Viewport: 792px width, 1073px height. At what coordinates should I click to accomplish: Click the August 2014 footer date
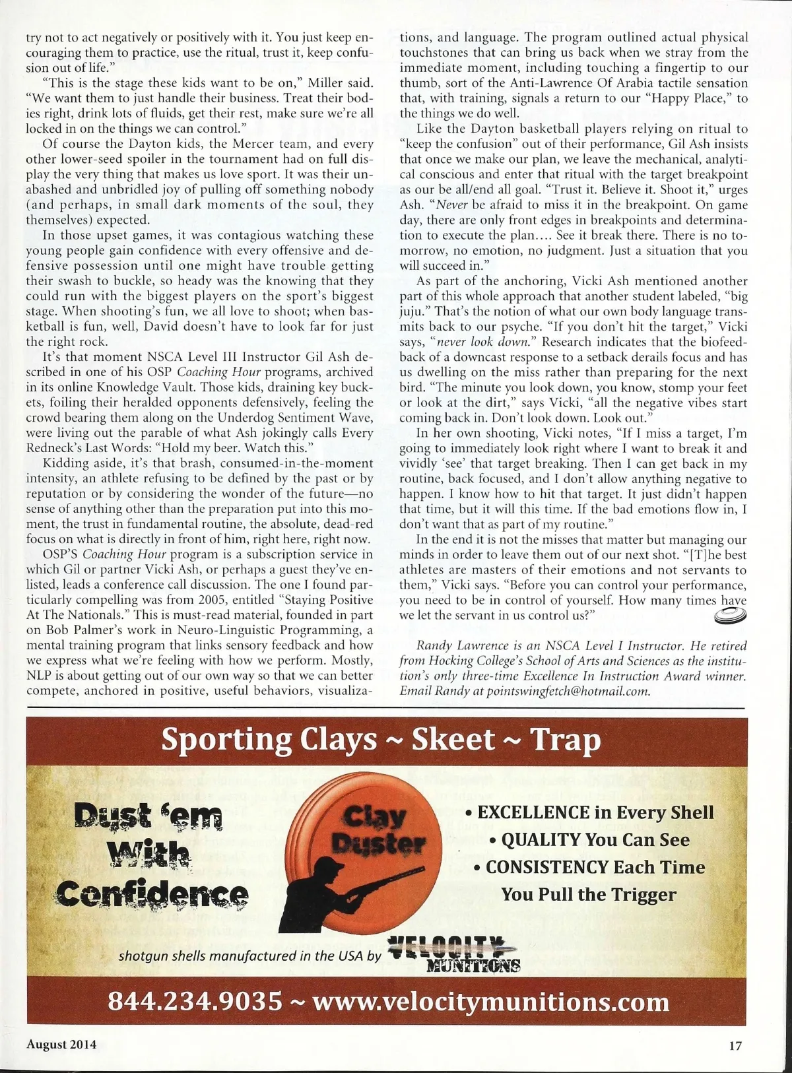(x=61, y=1045)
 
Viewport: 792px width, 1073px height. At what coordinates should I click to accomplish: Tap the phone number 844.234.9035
(x=195, y=1001)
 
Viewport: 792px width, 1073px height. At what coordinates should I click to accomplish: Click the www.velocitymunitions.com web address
(x=490, y=1002)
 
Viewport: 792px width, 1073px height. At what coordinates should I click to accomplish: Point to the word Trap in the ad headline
(x=566, y=740)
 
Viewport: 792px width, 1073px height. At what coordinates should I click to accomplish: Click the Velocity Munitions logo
(x=455, y=954)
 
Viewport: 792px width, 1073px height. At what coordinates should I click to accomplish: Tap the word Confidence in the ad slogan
(x=153, y=894)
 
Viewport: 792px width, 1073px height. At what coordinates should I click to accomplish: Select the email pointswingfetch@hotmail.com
(x=567, y=691)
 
